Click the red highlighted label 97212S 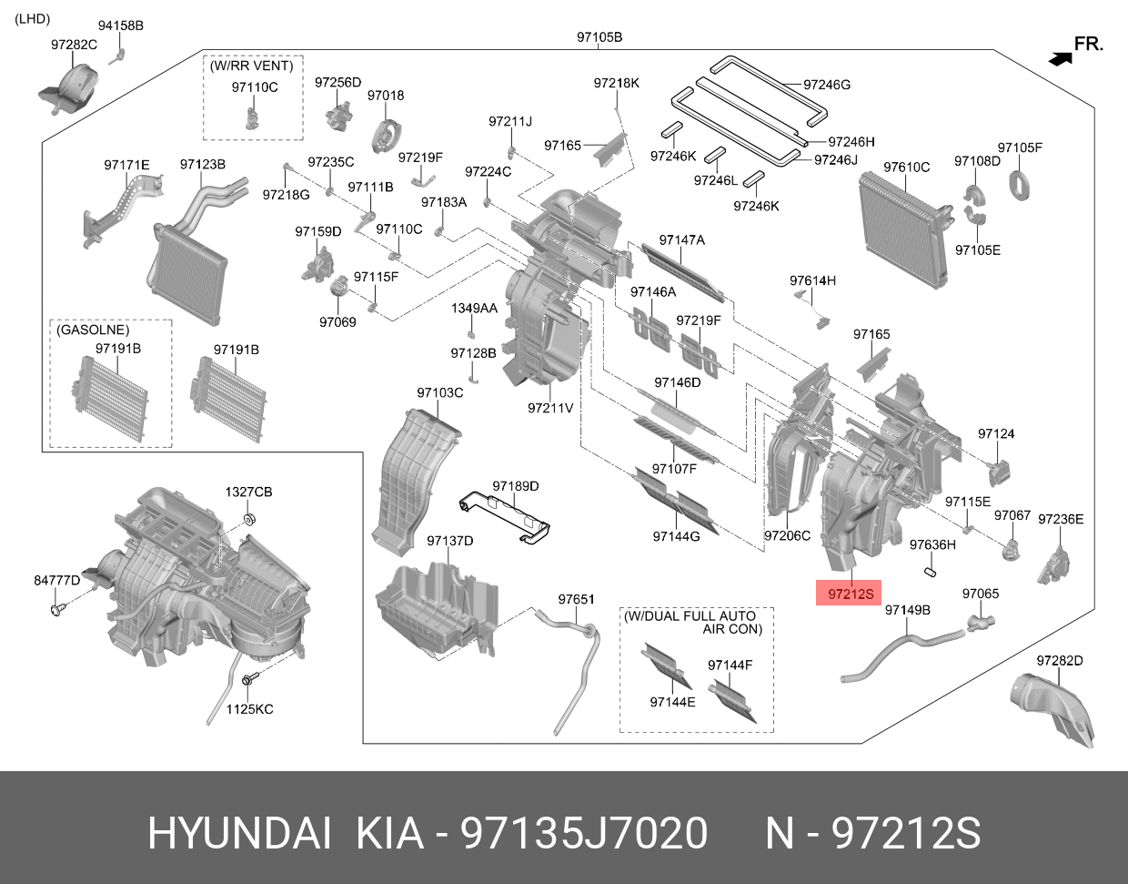tap(848, 593)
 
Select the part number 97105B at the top tap(599, 37)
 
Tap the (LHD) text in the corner tap(32, 19)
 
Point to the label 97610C tap(906, 168)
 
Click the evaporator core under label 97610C tap(903, 231)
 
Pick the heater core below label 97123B tap(188, 274)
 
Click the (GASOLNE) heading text tap(93, 330)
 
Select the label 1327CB tap(248, 492)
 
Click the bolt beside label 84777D tap(56, 609)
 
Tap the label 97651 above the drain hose tap(576, 599)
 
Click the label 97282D tap(1060, 661)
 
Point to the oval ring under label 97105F tap(1020, 186)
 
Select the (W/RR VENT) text tap(251, 66)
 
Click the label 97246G tap(826, 85)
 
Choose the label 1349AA tap(474, 309)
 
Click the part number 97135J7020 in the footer tap(584, 834)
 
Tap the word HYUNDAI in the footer tap(239, 834)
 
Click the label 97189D tap(516, 486)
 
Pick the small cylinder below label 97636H tap(931, 573)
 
